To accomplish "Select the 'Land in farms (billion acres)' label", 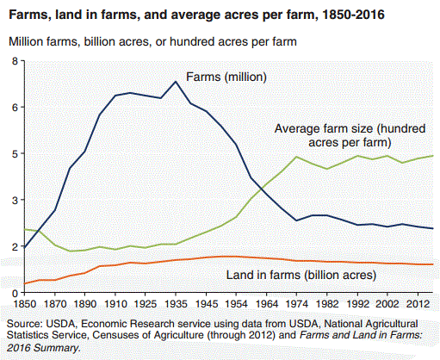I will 301,276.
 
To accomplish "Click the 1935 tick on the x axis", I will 176,304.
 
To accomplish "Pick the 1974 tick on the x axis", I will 296,304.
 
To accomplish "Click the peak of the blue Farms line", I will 176,82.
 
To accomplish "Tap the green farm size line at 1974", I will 296,157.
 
